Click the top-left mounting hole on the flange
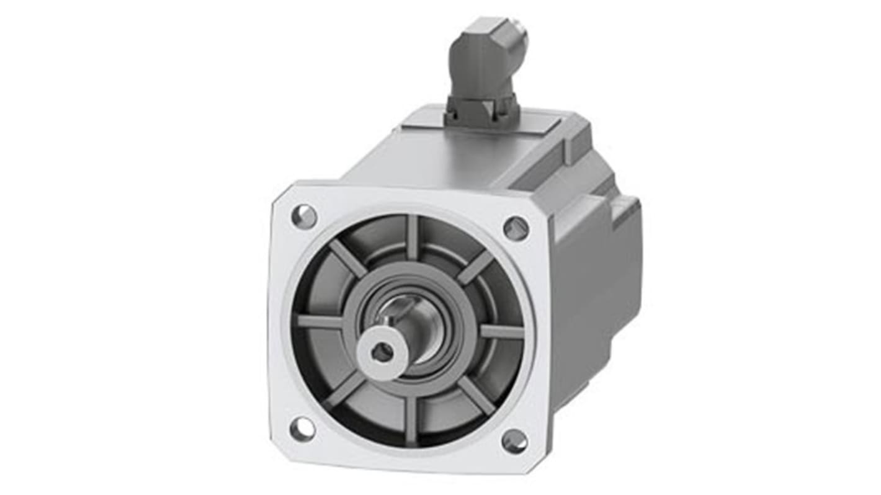pos(304,216)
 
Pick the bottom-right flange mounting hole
pos(514,441)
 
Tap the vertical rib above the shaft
pos(413,239)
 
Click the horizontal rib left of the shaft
pos(321,321)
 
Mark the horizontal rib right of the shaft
pos(501,332)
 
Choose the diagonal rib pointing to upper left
pos(348,259)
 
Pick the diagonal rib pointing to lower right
pos(476,396)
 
